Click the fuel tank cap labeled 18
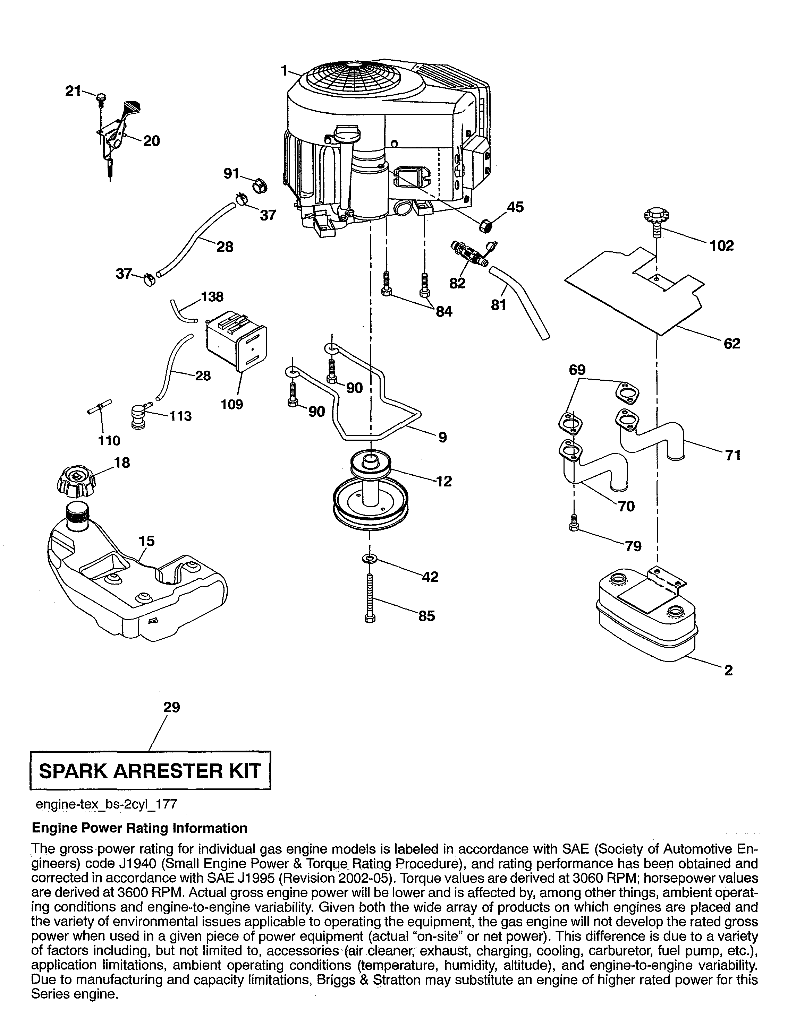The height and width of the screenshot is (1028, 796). coord(77,483)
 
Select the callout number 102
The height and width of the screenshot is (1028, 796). coord(722,246)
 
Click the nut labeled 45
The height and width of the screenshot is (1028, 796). coord(485,226)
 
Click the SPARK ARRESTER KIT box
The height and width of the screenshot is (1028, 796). coord(150,770)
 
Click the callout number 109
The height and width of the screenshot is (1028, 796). coord(232,404)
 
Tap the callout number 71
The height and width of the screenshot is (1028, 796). coord(733,455)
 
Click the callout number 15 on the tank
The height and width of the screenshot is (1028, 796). coord(146,541)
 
